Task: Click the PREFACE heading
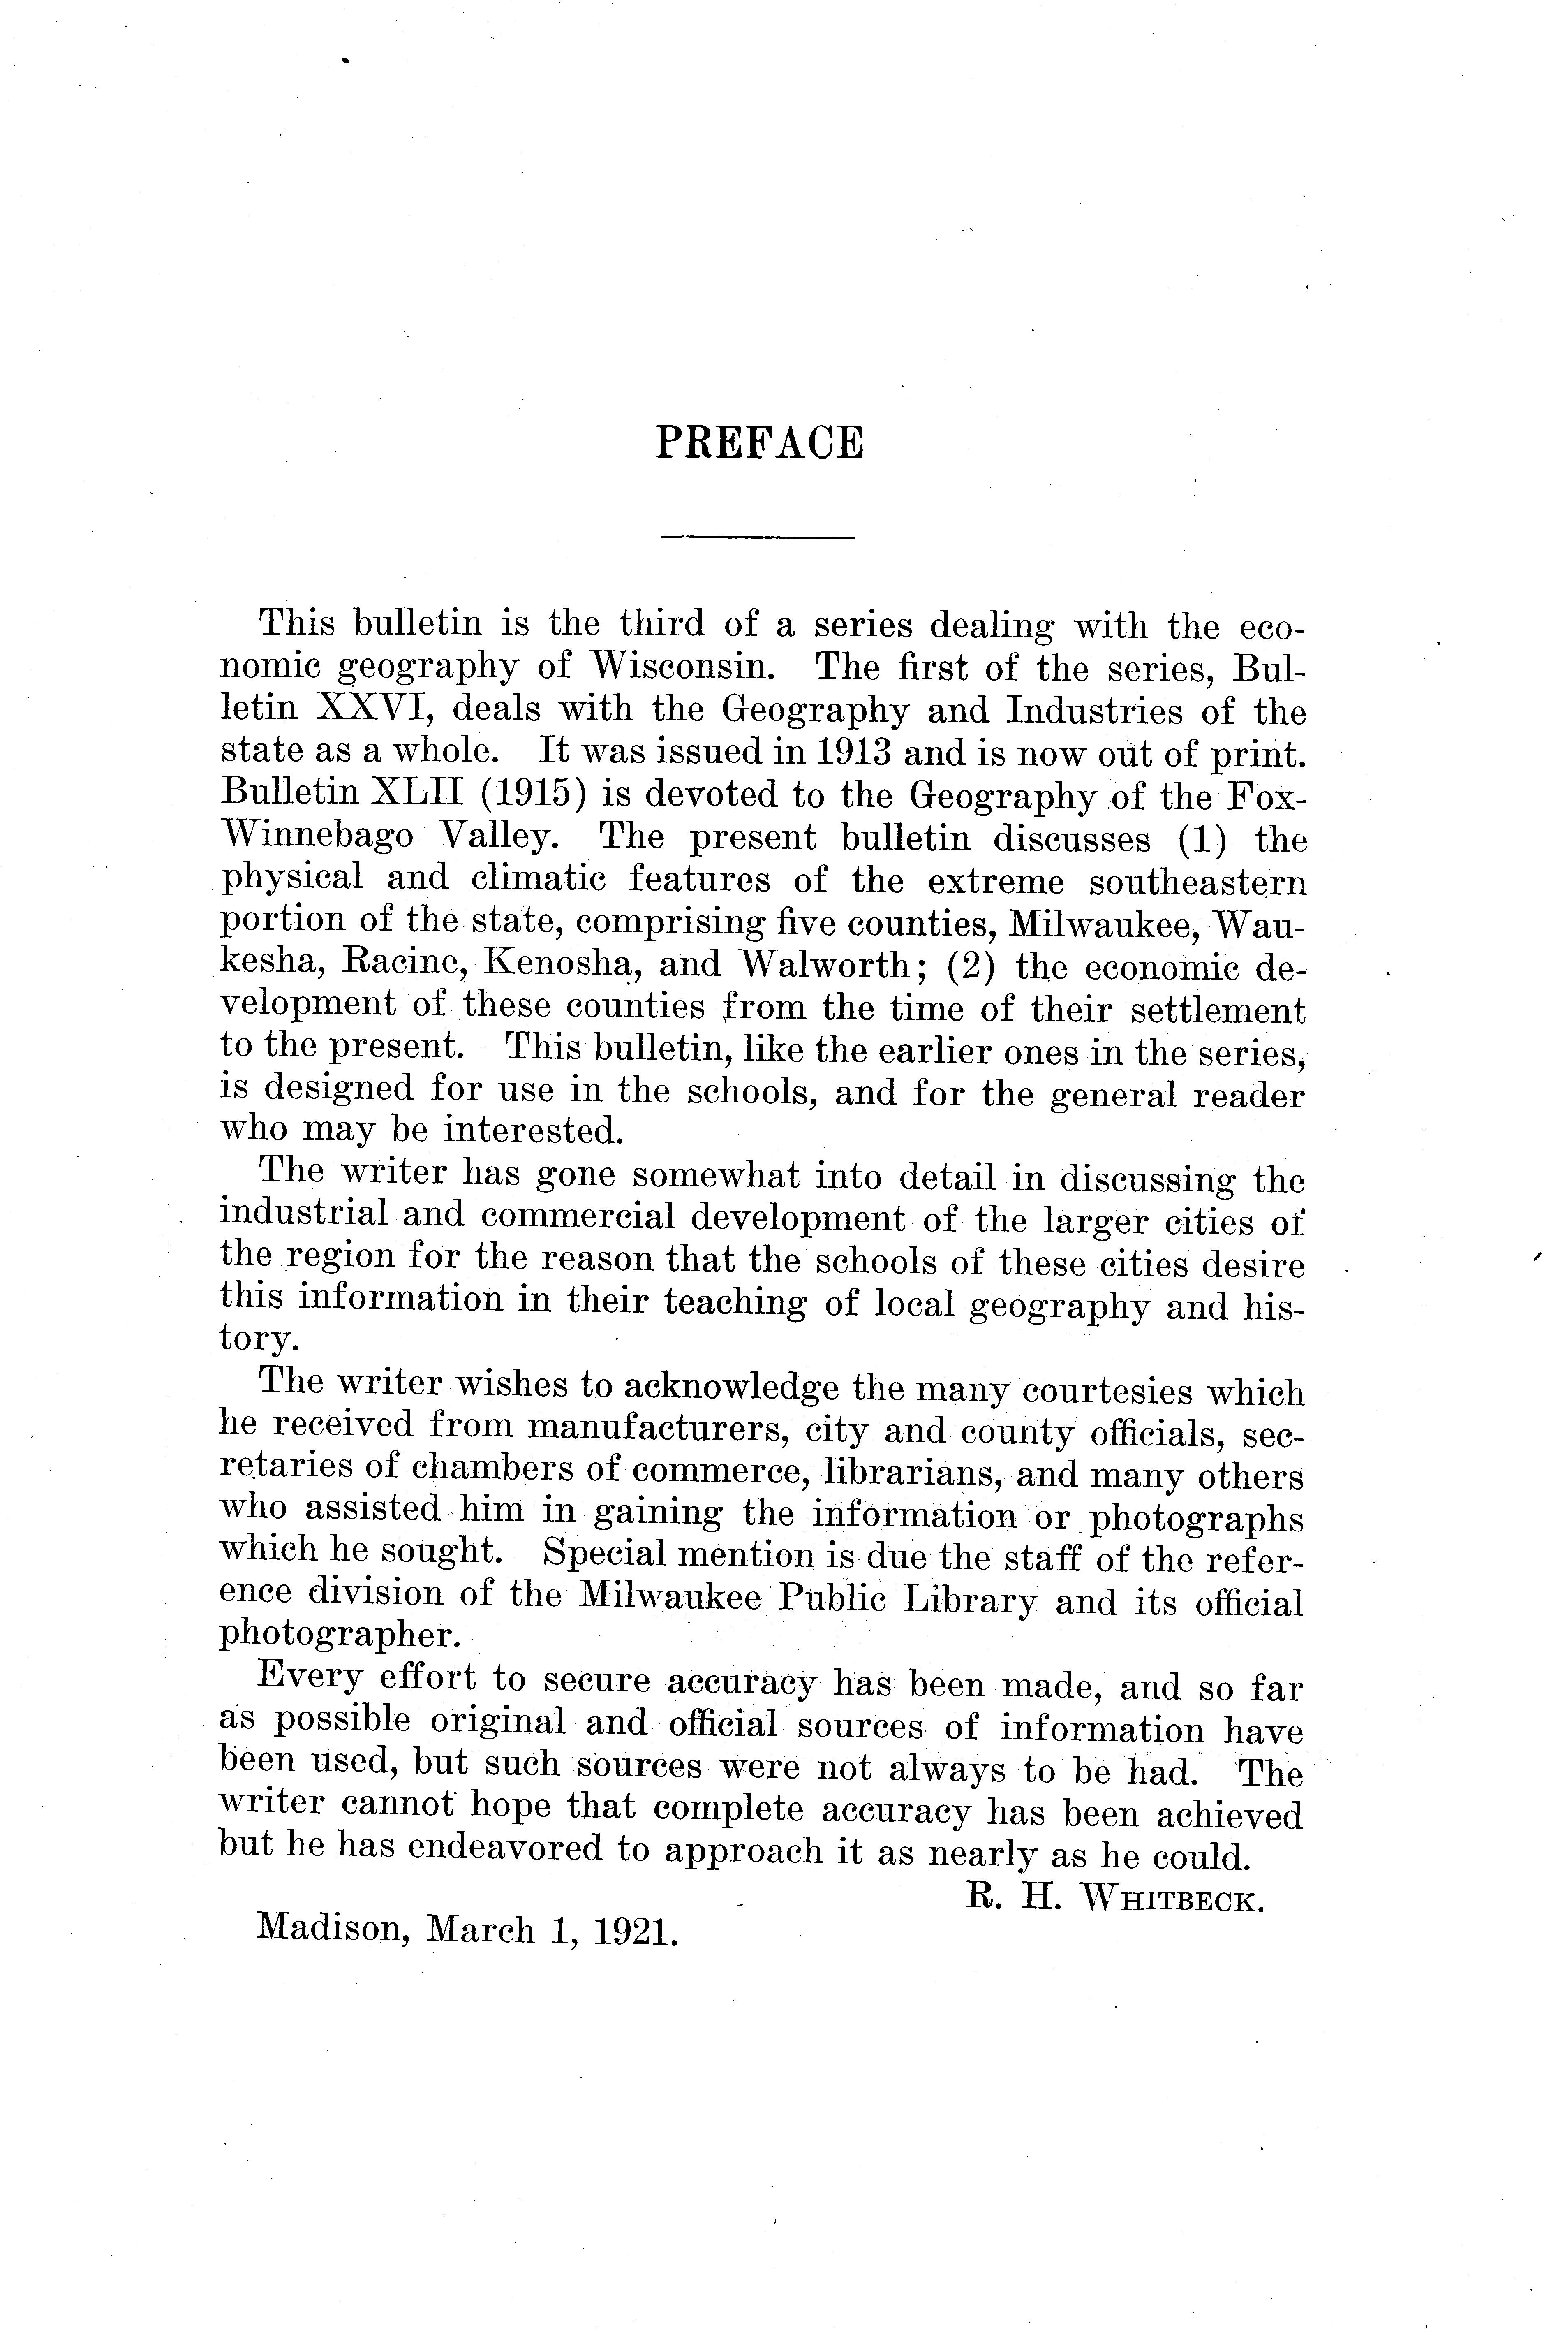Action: pos(758,442)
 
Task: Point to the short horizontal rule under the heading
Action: pos(758,539)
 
